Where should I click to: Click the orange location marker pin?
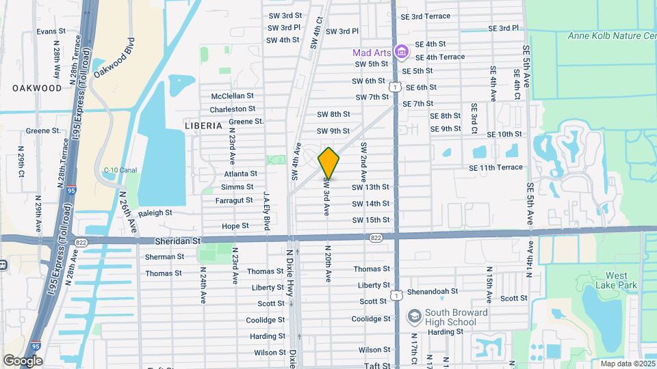pyautogui.click(x=328, y=163)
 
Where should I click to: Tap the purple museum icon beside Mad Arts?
pyautogui.click(x=402, y=52)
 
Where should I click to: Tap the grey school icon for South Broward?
pyautogui.click(x=413, y=317)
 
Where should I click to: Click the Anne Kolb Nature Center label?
pyautogui.click(x=612, y=36)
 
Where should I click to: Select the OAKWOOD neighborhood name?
pyautogui.click(x=37, y=88)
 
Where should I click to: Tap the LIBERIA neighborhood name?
pyautogui.click(x=203, y=126)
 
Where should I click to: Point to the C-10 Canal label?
pyautogui.click(x=116, y=170)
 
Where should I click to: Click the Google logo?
pyautogui.click(x=23, y=360)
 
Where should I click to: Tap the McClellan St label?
pyautogui.click(x=232, y=96)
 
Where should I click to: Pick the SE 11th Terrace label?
pyautogui.click(x=495, y=167)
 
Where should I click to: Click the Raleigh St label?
pyautogui.click(x=155, y=213)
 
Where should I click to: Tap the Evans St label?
pyautogui.click(x=51, y=31)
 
